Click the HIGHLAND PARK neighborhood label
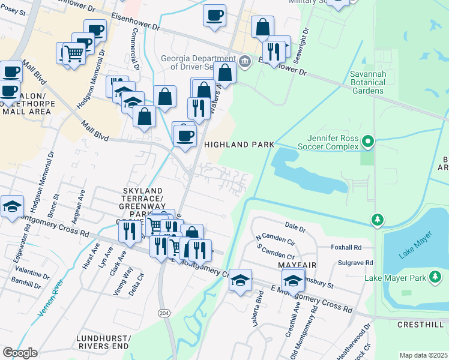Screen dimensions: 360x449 (x=238, y=145)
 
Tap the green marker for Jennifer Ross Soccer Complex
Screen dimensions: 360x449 (x=368, y=142)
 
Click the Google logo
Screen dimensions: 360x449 (x=20, y=353)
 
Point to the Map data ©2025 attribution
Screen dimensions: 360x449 (x=423, y=355)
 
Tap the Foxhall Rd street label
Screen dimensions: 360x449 (x=346, y=247)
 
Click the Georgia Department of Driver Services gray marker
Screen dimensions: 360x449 (x=245, y=61)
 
